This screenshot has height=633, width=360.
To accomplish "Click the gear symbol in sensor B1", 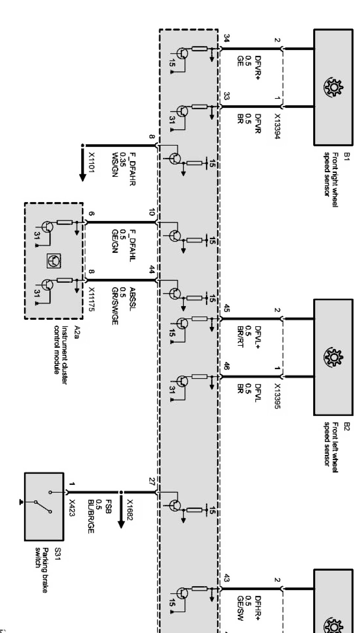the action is (x=334, y=88).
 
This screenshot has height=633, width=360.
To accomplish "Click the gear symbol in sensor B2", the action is (x=334, y=358).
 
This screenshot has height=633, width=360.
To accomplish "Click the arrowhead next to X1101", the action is (x=82, y=177).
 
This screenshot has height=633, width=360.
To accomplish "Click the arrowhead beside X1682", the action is (x=121, y=524).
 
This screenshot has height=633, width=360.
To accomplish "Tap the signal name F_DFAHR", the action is (x=132, y=169).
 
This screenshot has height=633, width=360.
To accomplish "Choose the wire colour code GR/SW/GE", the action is (x=114, y=306).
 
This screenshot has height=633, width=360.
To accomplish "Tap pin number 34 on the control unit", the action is (x=227, y=38).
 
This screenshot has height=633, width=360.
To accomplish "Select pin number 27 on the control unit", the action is (x=152, y=481).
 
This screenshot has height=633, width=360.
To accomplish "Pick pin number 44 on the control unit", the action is (x=152, y=270).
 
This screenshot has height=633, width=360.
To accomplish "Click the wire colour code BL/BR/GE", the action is (x=91, y=516).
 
